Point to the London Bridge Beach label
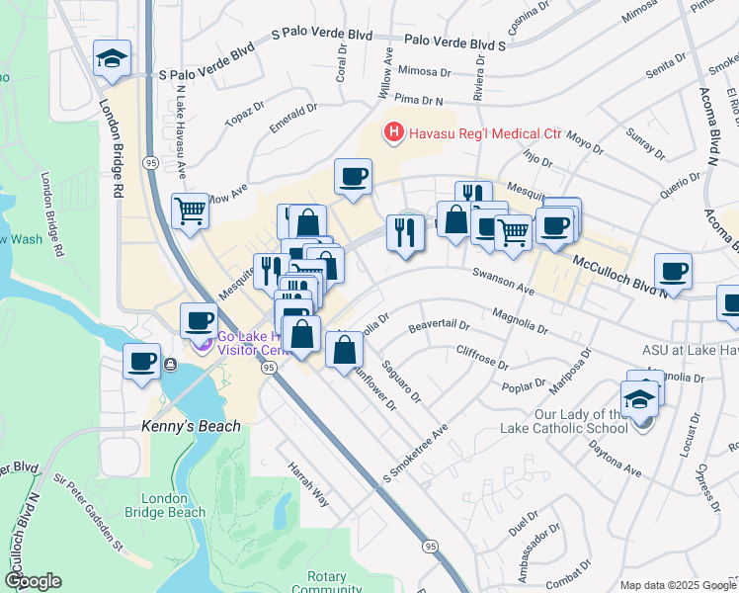coord(173,505)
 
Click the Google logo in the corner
coord(32,581)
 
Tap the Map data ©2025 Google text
coord(678,585)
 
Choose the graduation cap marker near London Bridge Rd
coord(113,57)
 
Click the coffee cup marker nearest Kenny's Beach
coord(142,360)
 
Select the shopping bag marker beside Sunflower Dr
coord(344,349)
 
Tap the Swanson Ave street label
coord(503,281)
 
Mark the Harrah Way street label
coord(307,482)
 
